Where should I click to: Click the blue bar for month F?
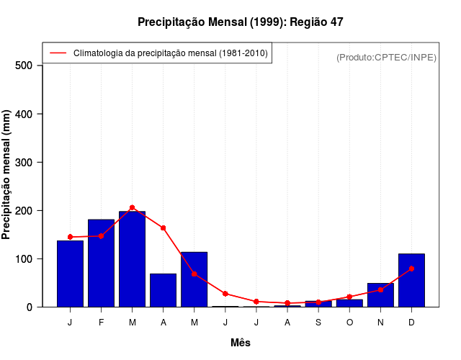101,263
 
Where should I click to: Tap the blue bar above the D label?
411,280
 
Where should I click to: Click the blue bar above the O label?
349,303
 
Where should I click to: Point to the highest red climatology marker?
132,207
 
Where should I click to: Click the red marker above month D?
411,269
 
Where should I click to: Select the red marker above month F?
101,236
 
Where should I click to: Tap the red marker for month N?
380,289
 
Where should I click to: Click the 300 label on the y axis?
28,162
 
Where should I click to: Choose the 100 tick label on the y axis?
28,258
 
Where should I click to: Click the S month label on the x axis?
318,323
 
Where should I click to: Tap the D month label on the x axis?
411,323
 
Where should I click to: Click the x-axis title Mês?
241,343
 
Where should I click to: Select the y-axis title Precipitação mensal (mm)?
7,174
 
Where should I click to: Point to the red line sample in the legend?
58,53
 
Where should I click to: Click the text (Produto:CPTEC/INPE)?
386,57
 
